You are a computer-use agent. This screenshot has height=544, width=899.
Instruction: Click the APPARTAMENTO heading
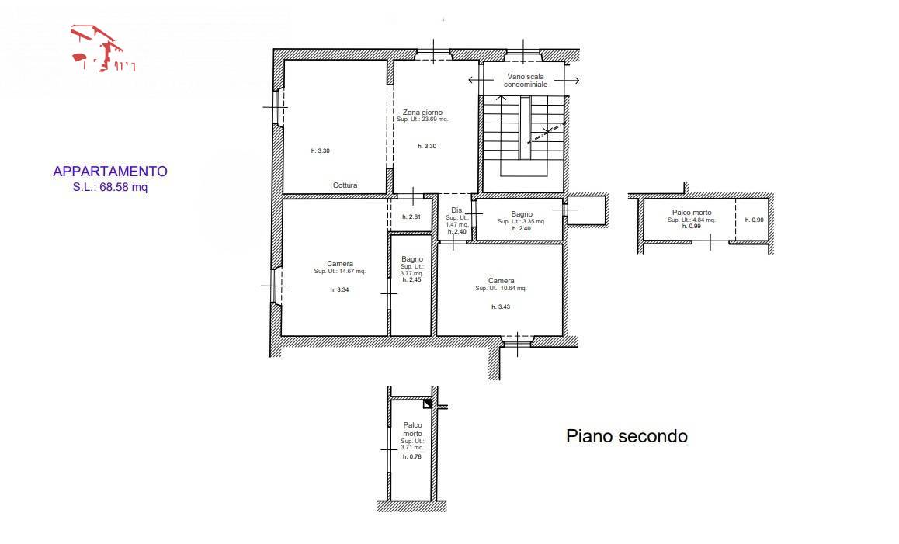pos(109,172)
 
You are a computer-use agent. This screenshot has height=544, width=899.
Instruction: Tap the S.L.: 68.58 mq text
pos(109,186)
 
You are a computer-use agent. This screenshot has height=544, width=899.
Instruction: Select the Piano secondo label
pos(627,436)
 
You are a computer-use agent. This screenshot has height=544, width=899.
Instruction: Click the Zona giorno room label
pos(422,113)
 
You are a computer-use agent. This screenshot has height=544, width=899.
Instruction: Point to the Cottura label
pos(345,185)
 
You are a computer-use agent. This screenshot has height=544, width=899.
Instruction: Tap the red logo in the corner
pos(102,49)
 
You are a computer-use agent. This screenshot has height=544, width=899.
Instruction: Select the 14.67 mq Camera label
pos(339,264)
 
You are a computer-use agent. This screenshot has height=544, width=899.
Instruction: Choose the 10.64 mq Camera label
pos(501,281)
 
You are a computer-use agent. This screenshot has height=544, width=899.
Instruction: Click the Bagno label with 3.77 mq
pos(412,259)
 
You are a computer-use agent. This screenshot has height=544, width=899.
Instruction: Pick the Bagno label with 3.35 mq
pos(522,213)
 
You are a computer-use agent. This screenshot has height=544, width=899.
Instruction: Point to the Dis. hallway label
pos(456,211)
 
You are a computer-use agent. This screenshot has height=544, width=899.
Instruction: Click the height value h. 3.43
pos(501,307)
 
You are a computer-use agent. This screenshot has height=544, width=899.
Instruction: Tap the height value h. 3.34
pos(339,289)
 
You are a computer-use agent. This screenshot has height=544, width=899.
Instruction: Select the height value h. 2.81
pos(411,217)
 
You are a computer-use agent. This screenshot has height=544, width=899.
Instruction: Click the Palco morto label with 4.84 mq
pos(691,212)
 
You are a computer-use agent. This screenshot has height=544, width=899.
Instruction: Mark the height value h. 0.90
pos(754,220)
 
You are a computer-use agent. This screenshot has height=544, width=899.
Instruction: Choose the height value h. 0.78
pos(411,457)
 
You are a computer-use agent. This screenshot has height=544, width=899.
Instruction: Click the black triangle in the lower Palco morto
pos(427,404)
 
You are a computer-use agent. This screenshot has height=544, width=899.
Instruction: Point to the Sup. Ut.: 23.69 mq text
pos(422,120)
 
